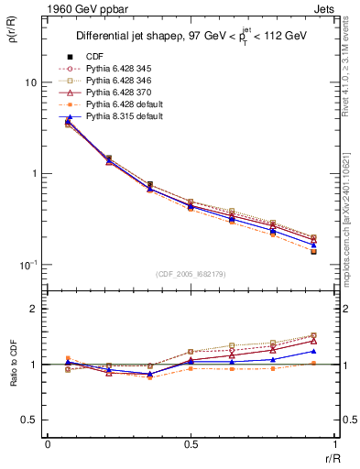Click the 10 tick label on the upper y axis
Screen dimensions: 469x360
point(30,82)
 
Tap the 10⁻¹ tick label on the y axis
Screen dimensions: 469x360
point(27,264)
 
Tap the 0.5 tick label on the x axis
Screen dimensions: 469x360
point(191,444)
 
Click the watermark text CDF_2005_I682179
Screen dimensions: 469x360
point(191,274)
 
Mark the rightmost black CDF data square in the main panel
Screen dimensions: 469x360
point(313,251)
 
